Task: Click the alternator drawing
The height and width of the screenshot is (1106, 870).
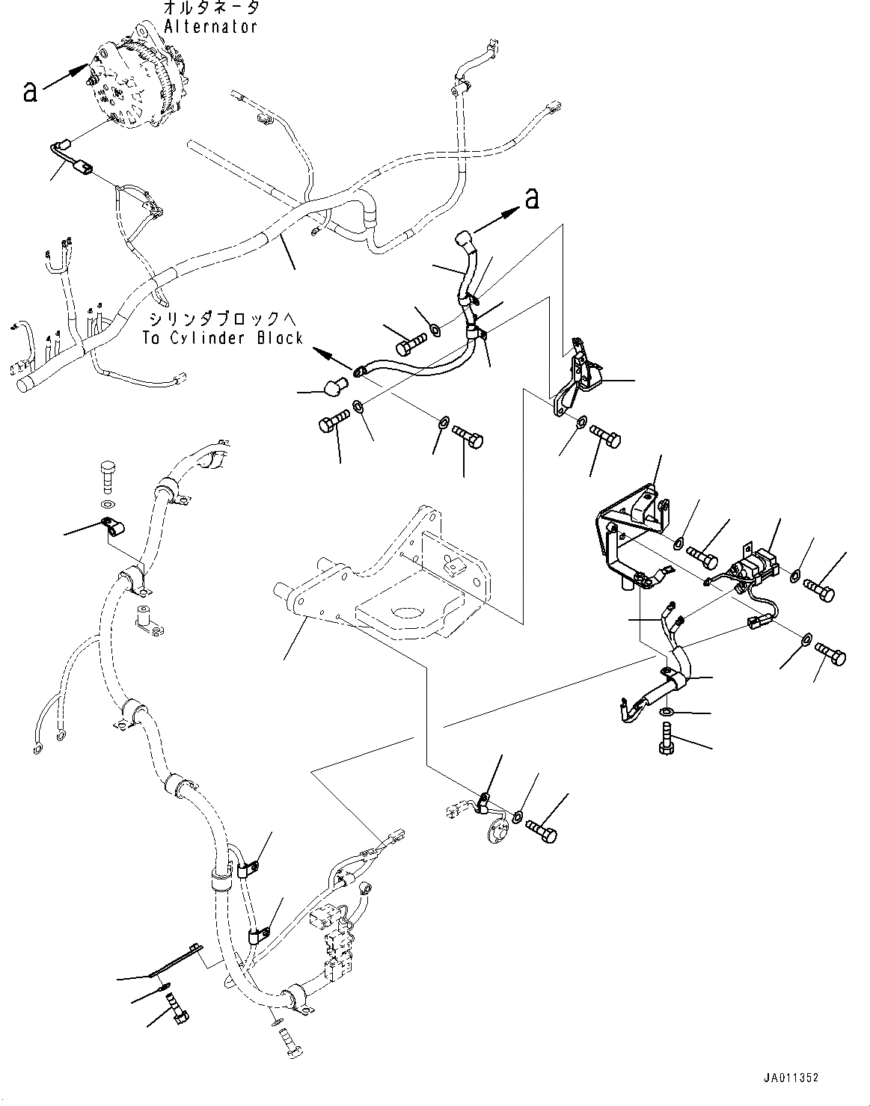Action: [135, 82]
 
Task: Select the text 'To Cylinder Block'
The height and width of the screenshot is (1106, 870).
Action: [224, 337]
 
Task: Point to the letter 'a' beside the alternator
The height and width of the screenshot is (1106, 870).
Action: [30, 91]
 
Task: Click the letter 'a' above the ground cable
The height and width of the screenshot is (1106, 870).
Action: [532, 198]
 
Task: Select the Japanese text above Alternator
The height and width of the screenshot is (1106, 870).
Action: [212, 8]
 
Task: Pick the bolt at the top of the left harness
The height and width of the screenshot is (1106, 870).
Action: [108, 474]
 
